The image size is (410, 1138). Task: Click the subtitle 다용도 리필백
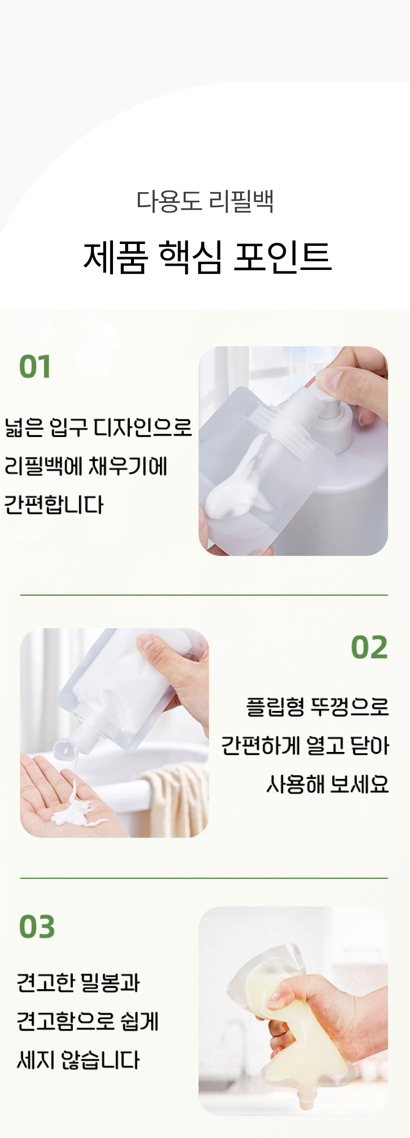click(x=205, y=201)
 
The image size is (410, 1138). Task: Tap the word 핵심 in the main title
click(x=190, y=257)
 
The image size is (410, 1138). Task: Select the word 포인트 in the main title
click(x=282, y=257)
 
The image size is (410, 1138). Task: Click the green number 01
click(x=35, y=367)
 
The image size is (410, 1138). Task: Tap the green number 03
click(x=37, y=927)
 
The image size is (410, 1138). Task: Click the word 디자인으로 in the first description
click(x=142, y=427)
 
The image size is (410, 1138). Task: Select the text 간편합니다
click(x=54, y=505)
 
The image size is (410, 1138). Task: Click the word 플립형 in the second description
click(x=275, y=707)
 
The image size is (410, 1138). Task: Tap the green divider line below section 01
click(x=204, y=595)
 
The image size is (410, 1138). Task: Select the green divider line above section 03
click(x=204, y=878)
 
